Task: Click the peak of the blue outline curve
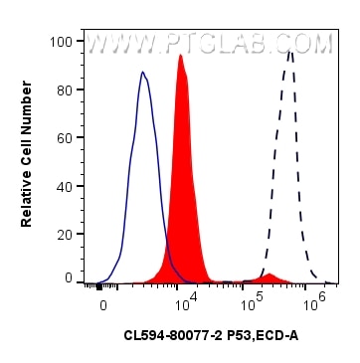143,73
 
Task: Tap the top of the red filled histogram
180,56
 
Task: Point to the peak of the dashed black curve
289,51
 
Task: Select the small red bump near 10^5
269,274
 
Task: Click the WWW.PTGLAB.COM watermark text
208,45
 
